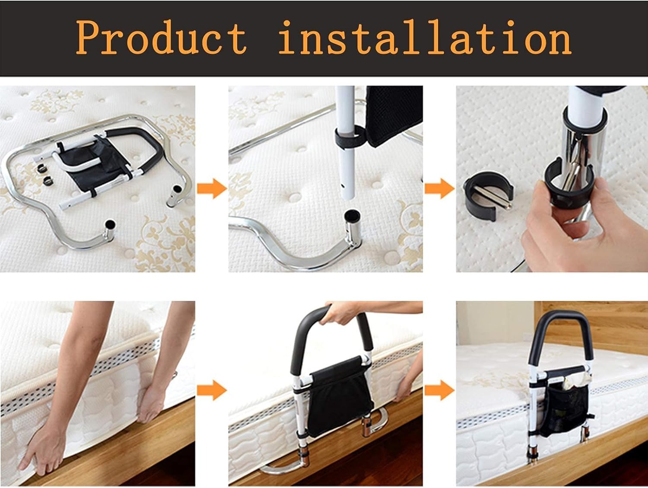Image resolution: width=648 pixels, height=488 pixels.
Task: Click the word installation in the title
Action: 426,37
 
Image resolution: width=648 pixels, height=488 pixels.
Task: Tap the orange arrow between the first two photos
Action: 212,188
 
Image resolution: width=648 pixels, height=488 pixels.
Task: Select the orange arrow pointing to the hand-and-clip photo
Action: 440,188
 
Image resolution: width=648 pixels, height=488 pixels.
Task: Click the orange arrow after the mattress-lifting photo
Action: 212,390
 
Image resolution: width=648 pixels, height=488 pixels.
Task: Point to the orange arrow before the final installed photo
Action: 440,390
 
